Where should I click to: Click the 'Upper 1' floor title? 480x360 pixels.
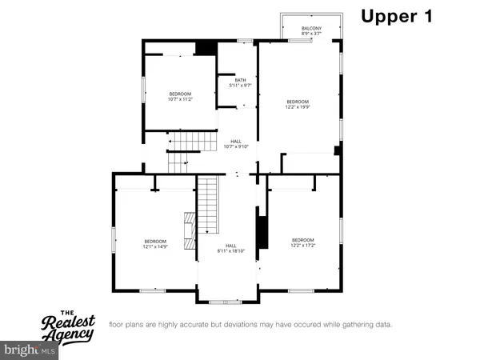tap(397, 17)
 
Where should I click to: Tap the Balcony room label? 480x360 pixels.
tap(311, 31)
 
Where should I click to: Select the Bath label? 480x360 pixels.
tap(240, 82)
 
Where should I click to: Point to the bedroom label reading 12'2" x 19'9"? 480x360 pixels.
tap(298, 104)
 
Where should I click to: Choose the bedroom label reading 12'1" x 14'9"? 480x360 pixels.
tap(155, 244)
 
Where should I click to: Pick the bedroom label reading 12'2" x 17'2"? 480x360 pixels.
tap(303, 243)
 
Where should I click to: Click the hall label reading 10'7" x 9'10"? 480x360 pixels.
tap(236, 143)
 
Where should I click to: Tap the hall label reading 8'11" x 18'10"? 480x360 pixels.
tap(230, 248)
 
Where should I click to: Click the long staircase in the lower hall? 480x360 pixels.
tap(208, 205)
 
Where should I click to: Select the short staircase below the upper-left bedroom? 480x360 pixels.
tap(191, 143)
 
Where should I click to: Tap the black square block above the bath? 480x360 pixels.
tap(206, 48)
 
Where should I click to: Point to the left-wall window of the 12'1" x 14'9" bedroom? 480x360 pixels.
tap(114, 241)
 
